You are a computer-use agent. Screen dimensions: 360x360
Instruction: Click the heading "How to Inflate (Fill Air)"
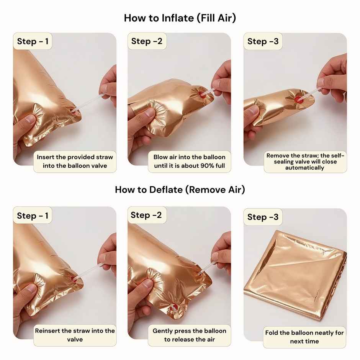tap(180, 18)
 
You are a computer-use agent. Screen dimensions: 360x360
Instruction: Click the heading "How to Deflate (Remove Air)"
tap(180, 190)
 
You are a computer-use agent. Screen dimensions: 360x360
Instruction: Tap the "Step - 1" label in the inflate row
tap(33, 41)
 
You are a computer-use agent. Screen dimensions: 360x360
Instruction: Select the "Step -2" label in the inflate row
tap(147, 41)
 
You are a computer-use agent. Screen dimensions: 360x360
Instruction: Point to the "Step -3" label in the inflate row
tap(263, 41)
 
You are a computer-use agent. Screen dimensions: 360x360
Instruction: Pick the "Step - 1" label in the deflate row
tap(33, 216)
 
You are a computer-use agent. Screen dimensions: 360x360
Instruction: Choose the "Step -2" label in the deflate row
tap(146, 215)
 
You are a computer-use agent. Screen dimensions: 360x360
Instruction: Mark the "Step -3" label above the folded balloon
tap(263, 217)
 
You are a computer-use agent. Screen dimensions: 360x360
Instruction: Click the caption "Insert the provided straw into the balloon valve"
tap(75, 161)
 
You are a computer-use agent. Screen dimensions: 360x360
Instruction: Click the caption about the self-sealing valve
tap(305, 162)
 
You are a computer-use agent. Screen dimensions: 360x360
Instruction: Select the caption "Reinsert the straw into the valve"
tap(75, 335)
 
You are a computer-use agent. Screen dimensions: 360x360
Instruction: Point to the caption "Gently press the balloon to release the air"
tap(190, 335)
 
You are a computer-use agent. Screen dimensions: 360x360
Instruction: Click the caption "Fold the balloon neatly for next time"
tap(304, 337)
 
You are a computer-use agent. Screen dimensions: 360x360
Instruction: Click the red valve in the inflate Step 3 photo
tap(298, 99)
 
